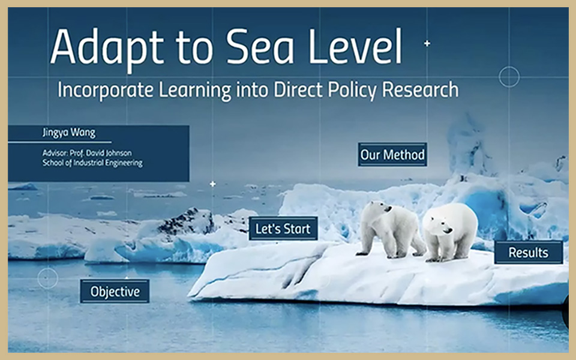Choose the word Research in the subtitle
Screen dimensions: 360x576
420,91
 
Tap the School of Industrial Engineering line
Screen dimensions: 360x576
92,163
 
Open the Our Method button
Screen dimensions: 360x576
392,155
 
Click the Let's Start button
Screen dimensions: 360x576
283,229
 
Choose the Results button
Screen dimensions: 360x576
529,253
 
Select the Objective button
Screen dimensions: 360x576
115,292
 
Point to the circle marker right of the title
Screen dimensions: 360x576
509,77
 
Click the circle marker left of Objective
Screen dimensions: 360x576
47,278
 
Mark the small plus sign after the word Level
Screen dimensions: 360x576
427,43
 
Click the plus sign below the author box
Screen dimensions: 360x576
212,184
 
